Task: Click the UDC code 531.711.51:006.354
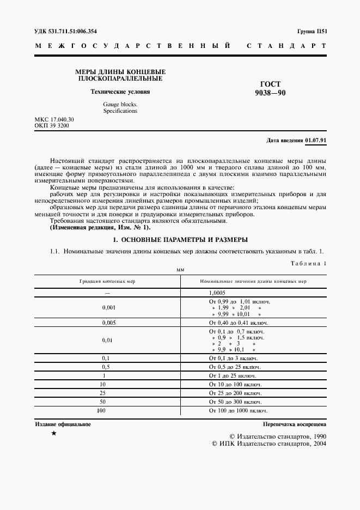66,32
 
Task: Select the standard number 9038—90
270,93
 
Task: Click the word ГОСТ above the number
271,84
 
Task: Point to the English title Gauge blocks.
120,104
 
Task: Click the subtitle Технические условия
120,92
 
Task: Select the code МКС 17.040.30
54,119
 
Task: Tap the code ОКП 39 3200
52,126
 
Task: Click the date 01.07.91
316,140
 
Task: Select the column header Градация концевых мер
107,281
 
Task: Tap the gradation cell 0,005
107,323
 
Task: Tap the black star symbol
53,433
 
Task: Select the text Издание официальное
63,424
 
